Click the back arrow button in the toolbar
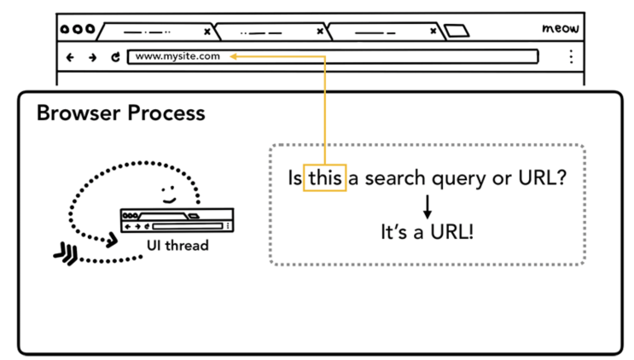tap(70, 57)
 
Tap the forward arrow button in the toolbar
tap(93, 57)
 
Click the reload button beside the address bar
tap(116, 57)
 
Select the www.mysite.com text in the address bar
tap(177, 56)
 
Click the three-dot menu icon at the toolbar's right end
tap(571, 56)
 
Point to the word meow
tap(561, 28)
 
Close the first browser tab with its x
tap(207, 32)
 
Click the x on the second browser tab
tap(320, 31)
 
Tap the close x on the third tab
tap(433, 31)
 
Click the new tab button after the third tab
tap(457, 31)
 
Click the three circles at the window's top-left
tap(78, 29)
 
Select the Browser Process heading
tap(121, 113)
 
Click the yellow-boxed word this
tap(325, 177)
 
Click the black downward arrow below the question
tap(428, 207)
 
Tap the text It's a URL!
tap(427, 232)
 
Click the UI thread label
tap(177, 245)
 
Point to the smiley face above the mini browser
tap(169, 195)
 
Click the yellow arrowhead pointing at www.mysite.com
tap(233, 56)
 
